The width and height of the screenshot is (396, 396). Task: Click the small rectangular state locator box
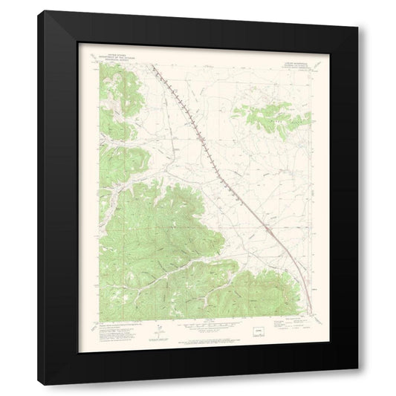(259, 325)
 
